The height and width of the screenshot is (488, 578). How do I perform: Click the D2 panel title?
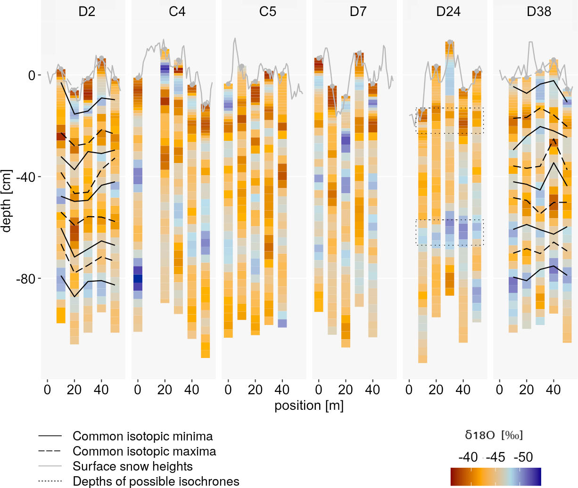pos(87,12)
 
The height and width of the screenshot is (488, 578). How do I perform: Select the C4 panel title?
pos(177,12)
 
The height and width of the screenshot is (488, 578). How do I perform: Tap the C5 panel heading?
pos(267,12)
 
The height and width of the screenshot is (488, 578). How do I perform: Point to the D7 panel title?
pos(358,12)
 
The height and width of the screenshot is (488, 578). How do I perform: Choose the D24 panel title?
pos(448,12)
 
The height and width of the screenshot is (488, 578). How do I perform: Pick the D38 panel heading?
pos(539,12)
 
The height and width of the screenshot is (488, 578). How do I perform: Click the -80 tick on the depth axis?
pos(25,279)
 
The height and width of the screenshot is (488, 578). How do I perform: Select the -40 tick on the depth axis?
pos(25,177)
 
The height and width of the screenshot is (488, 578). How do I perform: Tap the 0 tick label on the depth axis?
pos(32,75)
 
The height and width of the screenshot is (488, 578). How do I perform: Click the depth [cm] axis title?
pos(6,202)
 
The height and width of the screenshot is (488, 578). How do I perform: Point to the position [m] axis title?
pos(309,406)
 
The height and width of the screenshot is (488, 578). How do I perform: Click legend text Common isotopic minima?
pos(142,437)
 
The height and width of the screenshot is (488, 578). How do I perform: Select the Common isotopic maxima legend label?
pos(144,452)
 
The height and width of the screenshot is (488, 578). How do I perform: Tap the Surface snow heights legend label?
pos(132,467)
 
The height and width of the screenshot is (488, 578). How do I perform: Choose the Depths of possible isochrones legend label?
pos(156,481)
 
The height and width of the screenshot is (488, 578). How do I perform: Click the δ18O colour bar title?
pos(494,435)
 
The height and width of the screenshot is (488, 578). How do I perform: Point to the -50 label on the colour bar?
pos(523,457)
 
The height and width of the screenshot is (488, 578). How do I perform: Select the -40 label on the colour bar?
pos(468,457)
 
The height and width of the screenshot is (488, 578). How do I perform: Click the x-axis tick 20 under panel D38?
pos(527,390)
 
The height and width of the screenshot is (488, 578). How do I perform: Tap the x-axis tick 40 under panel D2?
pos(101,390)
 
